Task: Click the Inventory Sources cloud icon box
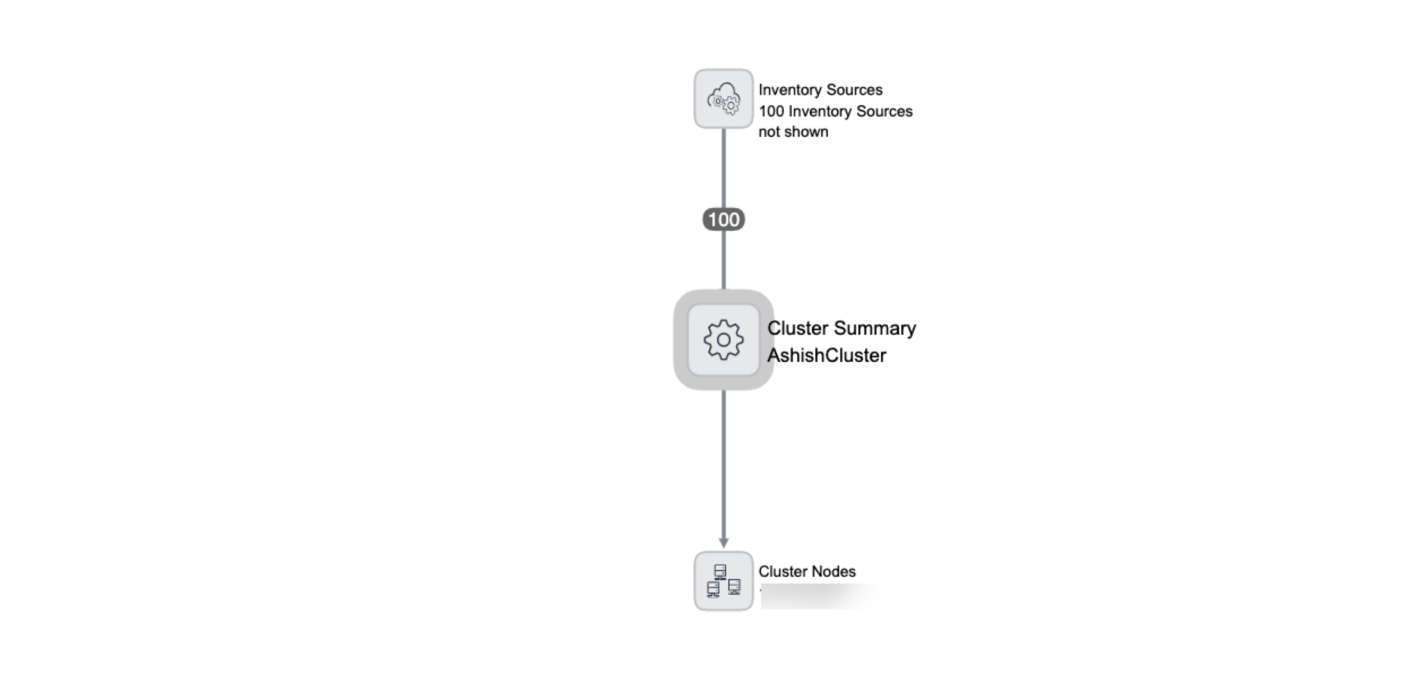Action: pos(724,99)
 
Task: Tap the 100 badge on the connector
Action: pos(724,220)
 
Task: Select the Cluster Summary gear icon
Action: pos(724,340)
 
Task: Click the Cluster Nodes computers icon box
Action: pos(724,581)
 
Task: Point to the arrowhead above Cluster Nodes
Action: pos(724,541)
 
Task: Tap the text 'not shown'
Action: pos(793,132)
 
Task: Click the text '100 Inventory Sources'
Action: pos(835,111)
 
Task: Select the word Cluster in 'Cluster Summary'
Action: pos(797,328)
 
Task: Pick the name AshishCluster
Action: pos(827,356)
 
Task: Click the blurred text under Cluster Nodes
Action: pos(821,596)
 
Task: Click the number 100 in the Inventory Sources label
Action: pos(771,111)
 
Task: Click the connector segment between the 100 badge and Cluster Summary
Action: pos(724,260)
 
